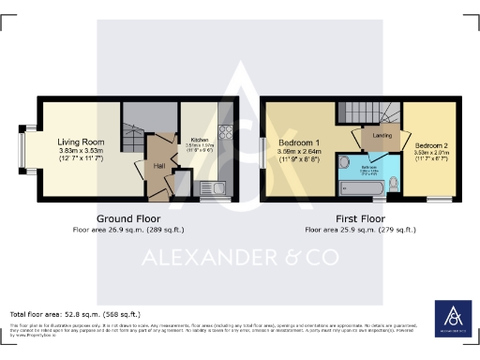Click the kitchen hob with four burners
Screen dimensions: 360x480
(x=225, y=132)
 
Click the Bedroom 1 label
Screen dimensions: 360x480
(x=300, y=143)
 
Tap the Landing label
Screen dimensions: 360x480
(x=382, y=136)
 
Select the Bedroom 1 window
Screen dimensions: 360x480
(x=263, y=150)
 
